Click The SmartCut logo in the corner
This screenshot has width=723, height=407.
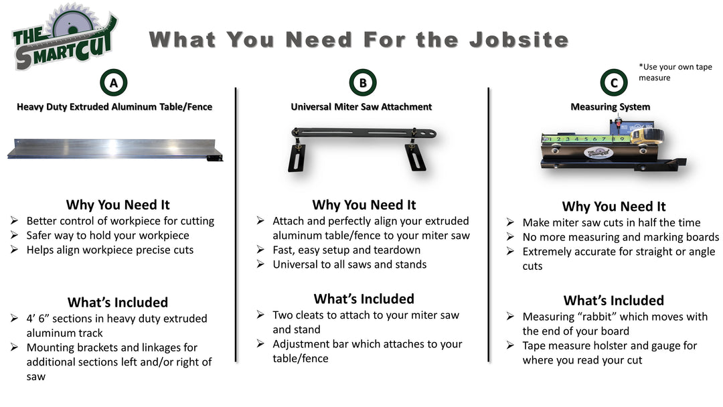64,37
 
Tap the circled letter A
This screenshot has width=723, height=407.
114,83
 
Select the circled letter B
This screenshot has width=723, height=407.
362,83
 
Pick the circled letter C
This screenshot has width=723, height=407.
613,83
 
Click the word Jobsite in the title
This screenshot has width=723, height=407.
518,39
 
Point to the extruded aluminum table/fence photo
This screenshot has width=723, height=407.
114,148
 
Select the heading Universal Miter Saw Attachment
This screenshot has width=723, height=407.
361,106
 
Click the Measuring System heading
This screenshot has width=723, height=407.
610,106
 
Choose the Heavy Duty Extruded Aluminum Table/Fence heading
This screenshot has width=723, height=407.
114,106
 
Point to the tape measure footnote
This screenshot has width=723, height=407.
675,72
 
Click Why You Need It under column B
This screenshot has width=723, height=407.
364,205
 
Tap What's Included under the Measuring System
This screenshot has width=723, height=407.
613,301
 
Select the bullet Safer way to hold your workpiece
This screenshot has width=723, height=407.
107,235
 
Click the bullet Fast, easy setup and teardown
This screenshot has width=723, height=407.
346,250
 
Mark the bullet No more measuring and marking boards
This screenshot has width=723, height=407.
621,237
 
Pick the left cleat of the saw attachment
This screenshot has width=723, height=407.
296,158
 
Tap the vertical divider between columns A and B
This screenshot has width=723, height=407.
236,224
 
